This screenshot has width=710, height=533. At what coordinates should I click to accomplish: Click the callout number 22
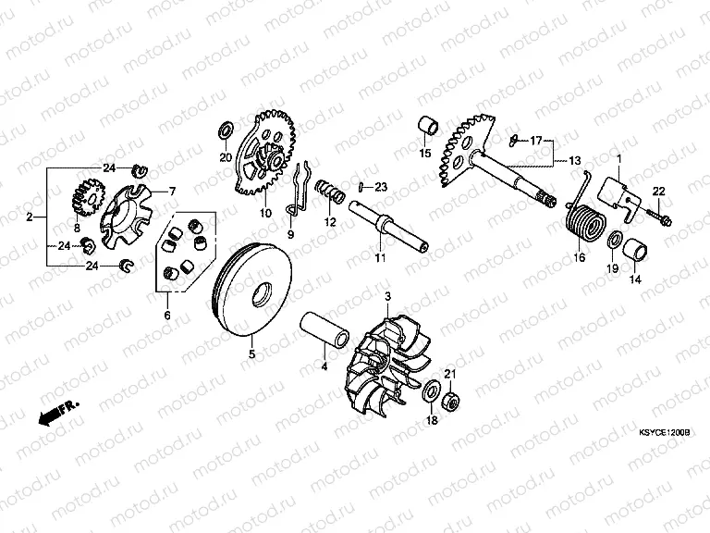click(658, 192)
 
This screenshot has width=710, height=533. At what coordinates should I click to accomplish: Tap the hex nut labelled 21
click(450, 402)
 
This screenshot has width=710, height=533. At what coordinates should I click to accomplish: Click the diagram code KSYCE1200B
click(664, 433)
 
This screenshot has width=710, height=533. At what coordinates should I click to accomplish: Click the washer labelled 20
click(226, 130)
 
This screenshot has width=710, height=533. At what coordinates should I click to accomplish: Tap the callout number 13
click(574, 160)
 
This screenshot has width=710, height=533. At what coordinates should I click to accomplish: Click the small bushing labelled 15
click(428, 126)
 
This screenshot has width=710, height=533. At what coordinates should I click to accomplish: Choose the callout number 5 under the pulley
click(251, 354)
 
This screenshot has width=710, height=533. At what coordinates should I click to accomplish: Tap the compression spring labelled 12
click(330, 191)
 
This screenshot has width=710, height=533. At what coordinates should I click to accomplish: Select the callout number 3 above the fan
click(387, 297)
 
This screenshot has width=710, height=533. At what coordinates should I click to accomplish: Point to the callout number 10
click(265, 212)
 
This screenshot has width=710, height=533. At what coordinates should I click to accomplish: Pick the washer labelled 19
click(614, 240)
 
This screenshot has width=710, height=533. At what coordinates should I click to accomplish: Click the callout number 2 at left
click(30, 217)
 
